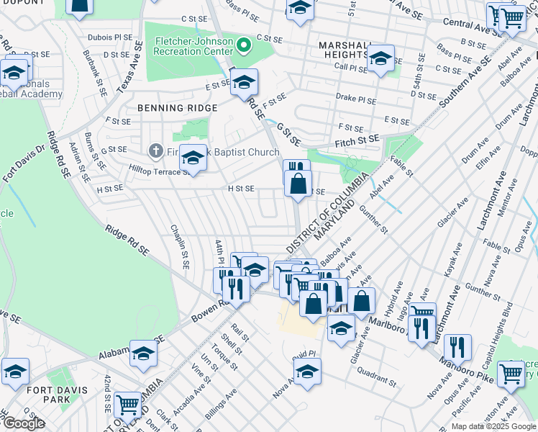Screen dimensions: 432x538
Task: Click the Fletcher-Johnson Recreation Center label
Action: [x=193, y=47]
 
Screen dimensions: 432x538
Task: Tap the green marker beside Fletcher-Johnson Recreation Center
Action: [x=244, y=47]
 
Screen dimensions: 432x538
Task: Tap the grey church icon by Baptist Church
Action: [x=155, y=152]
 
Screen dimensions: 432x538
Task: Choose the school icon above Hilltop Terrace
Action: [x=192, y=158]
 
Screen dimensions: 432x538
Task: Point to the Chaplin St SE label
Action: [x=179, y=245]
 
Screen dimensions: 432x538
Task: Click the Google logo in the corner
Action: [x=24, y=423]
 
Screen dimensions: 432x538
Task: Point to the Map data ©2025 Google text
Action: [x=493, y=426]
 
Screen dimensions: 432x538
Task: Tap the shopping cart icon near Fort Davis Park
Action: [x=127, y=404]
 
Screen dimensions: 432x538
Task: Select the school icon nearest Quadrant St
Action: [x=307, y=372]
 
